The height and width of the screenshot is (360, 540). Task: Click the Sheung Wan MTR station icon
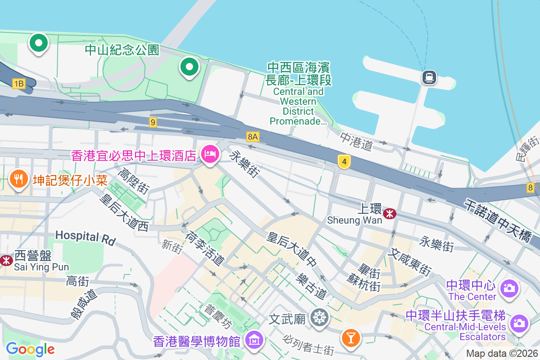389,212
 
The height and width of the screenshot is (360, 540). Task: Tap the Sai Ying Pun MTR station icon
6,260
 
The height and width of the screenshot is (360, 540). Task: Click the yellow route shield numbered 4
344,162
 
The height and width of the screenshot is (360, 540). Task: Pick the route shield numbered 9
153,122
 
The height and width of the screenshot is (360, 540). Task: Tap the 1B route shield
19,84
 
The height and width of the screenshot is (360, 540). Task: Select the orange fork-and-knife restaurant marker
18,180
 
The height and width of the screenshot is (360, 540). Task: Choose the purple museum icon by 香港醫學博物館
255,341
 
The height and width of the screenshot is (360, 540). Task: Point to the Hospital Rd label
85,237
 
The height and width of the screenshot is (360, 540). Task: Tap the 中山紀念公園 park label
122,49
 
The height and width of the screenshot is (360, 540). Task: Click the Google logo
30,349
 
